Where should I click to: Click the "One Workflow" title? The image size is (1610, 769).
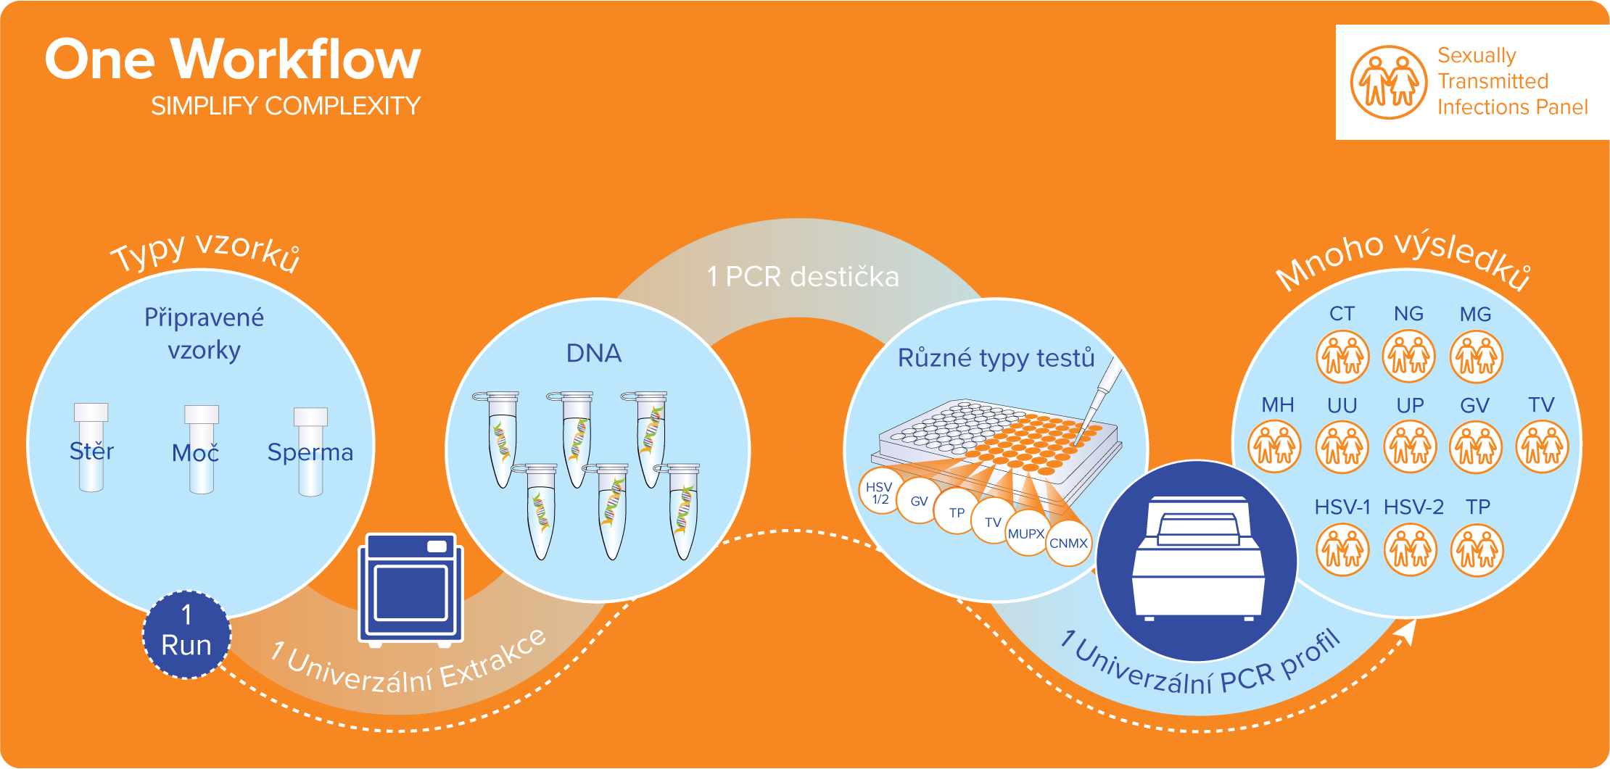pos(233,59)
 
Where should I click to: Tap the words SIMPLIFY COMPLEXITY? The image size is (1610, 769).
pos(286,107)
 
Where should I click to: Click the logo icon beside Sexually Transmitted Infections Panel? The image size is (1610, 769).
pos(1388,82)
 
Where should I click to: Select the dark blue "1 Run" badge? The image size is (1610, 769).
pos(186,635)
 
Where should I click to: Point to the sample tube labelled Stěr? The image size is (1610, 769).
pos(91,447)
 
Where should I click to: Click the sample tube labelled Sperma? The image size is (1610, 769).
pos(310,452)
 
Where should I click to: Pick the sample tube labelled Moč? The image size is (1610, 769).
pos(201,449)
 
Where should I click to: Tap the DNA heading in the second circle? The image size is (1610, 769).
pos(594,354)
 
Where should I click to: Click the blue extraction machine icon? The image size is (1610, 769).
pos(411,589)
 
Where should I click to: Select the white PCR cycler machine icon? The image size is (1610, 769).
pos(1197,560)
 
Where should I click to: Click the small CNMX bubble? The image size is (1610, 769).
pos(1068,543)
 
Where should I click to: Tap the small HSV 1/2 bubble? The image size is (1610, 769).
pos(880,492)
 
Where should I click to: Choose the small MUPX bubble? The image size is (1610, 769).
pos(1026,533)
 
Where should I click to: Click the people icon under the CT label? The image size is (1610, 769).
pos(1342,357)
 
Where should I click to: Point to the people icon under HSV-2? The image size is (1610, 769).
pos(1410,550)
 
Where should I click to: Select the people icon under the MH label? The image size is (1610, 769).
pos(1274,446)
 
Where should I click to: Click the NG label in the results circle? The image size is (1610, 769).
pos(1408,314)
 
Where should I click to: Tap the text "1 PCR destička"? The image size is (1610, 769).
pos(803,277)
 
